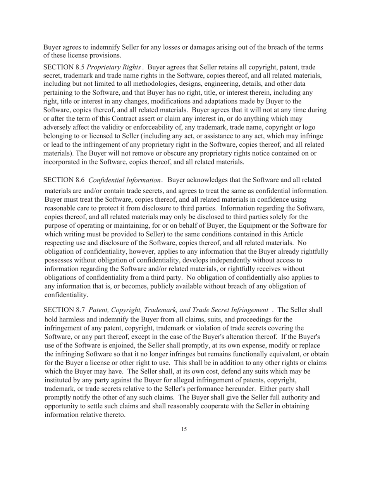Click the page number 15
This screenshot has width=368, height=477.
pos(184,429)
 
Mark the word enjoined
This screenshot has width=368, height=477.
pos(127,346)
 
